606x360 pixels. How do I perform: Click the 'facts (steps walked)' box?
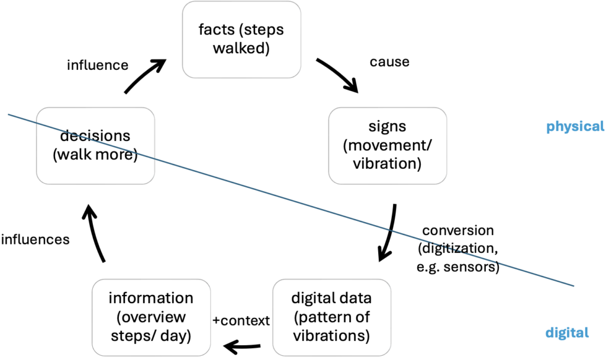[x=241, y=38]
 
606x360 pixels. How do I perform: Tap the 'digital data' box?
[x=332, y=317]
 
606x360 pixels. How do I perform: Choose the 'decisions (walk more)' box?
[x=95, y=144]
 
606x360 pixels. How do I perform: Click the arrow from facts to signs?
[x=338, y=75]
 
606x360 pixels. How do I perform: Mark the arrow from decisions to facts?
[x=144, y=77]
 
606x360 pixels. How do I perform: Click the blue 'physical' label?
[x=575, y=126]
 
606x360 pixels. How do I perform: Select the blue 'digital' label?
[x=568, y=332]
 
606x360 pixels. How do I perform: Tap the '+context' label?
[x=241, y=320]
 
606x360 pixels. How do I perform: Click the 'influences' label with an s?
[x=36, y=240]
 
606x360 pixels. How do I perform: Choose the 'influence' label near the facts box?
[x=98, y=65]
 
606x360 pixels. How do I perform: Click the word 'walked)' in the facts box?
[x=241, y=48]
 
